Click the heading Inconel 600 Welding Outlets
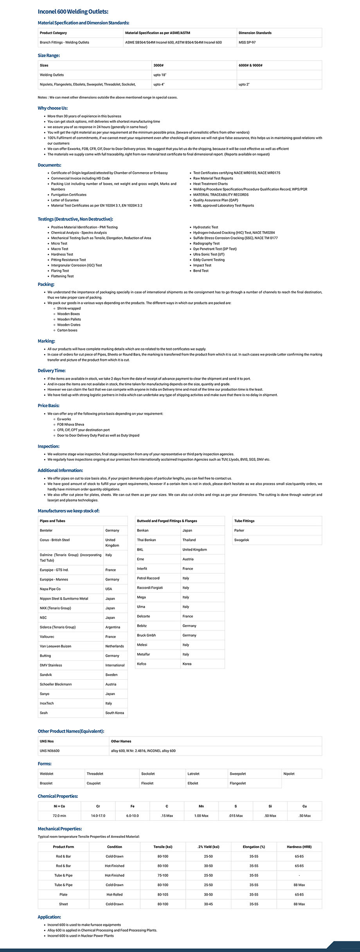[73, 12]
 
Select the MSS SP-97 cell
[247, 42]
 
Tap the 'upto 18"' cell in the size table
[160, 75]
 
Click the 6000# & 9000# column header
[250, 65]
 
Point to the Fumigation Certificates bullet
[69, 194]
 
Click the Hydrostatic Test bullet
[205, 227]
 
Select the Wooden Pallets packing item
[69, 319]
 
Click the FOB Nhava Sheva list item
[70, 424]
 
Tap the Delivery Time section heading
[52, 370]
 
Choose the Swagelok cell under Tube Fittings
[241, 540]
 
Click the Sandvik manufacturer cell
[46, 675]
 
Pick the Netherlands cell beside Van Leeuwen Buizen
[114, 646]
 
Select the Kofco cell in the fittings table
[141, 664]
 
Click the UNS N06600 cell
[50, 751]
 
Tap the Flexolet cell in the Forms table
[147, 783]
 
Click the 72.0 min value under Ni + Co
[59, 815]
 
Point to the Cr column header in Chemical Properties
[98, 806]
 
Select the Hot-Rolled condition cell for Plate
[114, 895]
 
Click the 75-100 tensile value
[163, 875]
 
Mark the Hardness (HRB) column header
[299, 847]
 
